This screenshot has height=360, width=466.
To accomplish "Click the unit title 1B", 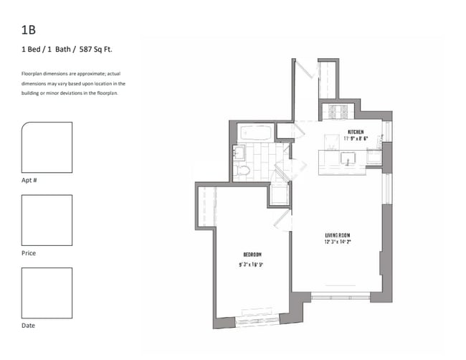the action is click(29, 29).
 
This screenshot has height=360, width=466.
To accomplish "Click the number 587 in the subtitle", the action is click(85, 49).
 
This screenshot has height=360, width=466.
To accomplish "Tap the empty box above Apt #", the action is click(47, 147).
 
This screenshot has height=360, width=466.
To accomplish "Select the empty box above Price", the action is click(47, 220).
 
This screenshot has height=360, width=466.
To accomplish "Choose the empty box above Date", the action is click(47, 293).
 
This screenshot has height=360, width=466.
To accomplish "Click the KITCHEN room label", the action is click(356, 132).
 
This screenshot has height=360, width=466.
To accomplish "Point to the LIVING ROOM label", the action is click(338, 235).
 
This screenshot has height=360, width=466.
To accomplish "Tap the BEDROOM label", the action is click(252, 255).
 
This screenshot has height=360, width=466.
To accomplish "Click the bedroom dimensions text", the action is click(251, 265).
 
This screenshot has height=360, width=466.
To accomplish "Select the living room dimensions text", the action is click(338, 242).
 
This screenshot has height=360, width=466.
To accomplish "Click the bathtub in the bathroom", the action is click(256, 133).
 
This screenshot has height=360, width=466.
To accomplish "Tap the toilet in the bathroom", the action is click(242, 171).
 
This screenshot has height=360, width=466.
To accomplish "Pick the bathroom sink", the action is click(239, 153).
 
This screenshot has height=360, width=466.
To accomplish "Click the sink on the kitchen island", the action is click(348, 158).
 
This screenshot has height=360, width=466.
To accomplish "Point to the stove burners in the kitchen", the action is click(338, 111).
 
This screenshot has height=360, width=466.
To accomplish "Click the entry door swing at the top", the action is click(307, 69).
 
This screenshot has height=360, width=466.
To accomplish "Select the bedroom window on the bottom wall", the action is click(257, 322).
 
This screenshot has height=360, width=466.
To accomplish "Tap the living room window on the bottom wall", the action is click(341, 297).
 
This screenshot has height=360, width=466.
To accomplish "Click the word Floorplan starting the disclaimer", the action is click(32, 74).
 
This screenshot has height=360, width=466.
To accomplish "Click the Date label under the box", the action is click(28, 326).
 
